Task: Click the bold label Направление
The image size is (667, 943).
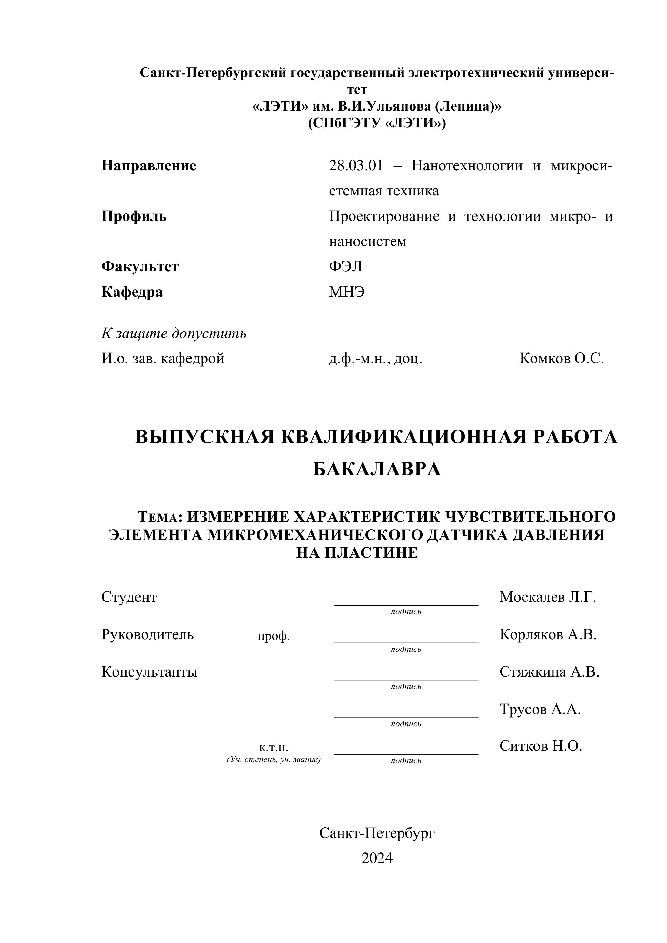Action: (149, 166)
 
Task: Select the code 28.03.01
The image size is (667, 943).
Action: (356, 166)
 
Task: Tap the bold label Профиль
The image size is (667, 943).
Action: (134, 216)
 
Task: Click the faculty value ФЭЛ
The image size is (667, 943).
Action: (345, 267)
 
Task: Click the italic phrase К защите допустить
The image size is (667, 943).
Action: (174, 333)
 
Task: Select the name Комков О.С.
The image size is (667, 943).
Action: (562, 359)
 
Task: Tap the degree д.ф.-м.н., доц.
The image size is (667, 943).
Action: (375, 359)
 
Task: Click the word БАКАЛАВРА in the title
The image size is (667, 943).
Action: (377, 469)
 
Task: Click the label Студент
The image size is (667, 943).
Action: (129, 597)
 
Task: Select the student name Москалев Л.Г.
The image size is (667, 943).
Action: (547, 597)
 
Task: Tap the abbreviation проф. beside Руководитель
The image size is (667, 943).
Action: (274, 637)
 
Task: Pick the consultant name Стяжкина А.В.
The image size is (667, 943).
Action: (550, 672)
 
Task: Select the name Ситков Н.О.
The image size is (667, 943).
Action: (541, 746)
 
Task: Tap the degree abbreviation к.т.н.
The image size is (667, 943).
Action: (274, 748)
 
